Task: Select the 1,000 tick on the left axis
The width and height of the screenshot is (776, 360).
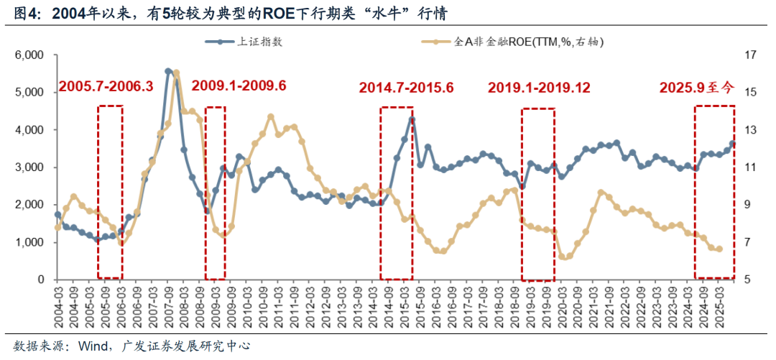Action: [29, 242]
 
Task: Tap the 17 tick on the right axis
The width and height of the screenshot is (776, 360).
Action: [751, 55]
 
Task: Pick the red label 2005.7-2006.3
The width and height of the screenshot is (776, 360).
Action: [106, 86]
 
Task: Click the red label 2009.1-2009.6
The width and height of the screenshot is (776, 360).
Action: [239, 86]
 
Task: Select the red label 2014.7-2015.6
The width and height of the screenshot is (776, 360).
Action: [407, 88]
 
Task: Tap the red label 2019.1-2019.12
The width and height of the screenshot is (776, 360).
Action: [540, 88]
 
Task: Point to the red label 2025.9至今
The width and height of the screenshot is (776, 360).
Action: [697, 88]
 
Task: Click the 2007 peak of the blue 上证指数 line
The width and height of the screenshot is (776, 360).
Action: [168, 71]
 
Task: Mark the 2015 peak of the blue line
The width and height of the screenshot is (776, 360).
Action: [412, 119]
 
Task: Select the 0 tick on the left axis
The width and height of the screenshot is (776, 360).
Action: [41, 280]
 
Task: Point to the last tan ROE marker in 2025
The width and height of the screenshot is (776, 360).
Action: [719, 249]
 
